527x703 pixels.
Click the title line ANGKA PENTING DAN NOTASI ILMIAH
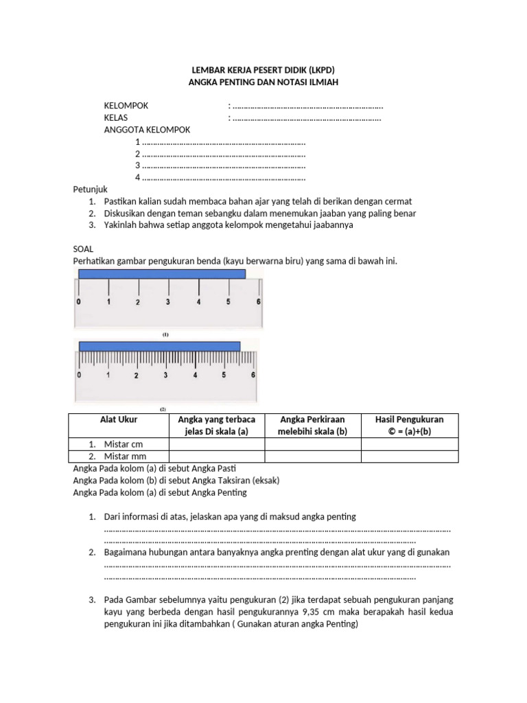point(263,82)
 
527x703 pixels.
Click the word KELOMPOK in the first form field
point(126,106)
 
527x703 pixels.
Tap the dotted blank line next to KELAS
point(307,118)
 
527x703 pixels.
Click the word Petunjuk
point(91,189)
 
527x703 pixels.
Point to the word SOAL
point(83,249)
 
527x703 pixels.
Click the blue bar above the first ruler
point(162,274)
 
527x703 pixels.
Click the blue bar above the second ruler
point(159,346)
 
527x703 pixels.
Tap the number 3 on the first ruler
point(168,302)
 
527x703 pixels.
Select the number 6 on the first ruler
point(258,302)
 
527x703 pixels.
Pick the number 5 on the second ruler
point(224,375)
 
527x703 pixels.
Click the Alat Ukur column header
point(119,419)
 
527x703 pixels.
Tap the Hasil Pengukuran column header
point(409,425)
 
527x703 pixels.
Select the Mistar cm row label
point(124,444)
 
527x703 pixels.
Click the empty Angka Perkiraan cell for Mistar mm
point(312,456)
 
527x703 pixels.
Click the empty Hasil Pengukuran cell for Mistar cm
point(409,444)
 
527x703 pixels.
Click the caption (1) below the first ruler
point(165,334)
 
